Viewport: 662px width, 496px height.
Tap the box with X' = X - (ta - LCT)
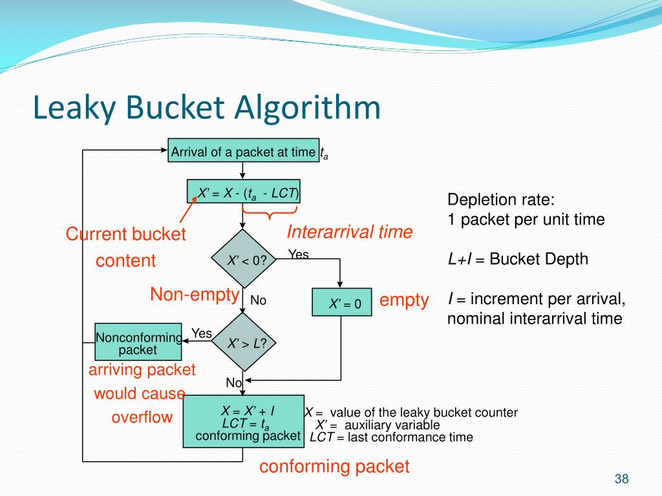(244, 192)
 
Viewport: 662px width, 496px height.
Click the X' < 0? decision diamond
(242, 259)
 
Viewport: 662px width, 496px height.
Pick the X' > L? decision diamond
(243, 343)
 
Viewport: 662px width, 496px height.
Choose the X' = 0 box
(341, 303)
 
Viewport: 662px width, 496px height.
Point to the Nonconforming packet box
(138, 342)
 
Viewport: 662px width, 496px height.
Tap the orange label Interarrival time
(349, 232)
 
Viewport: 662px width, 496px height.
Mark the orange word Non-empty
(195, 295)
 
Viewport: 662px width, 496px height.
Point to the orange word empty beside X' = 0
(404, 300)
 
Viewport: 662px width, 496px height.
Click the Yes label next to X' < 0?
(298, 255)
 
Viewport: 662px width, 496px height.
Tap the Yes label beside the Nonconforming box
(202, 333)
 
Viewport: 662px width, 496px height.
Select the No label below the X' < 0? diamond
(259, 300)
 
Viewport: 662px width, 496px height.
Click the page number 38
(622, 479)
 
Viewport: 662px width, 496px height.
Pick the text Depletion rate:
(501, 200)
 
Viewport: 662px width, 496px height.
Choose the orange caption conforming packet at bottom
(334, 467)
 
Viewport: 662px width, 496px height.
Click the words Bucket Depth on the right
(539, 260)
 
